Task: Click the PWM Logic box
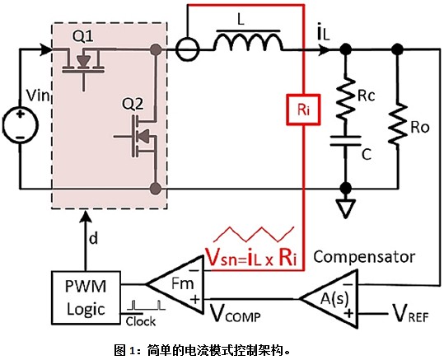(86, 297)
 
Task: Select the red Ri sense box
(303, 110)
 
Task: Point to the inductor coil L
(248, 42)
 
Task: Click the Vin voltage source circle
(20, 124)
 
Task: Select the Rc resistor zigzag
(345, 98)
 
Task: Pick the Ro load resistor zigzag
(398, 124)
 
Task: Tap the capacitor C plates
(345, 141)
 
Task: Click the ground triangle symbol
(345, 208)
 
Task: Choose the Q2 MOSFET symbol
(138, 137)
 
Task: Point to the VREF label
(410, 313)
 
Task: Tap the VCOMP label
(235, 313)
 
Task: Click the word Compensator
(364, 257)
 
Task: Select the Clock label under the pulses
(140, 321)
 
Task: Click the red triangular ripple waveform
(254, 234)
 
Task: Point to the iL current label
(324, 34)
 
